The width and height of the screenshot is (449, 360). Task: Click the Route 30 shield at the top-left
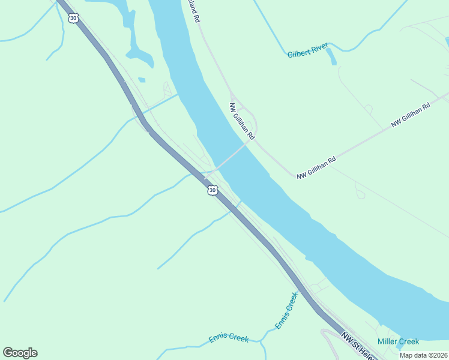coord(73,18)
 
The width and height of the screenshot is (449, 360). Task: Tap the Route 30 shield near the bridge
coord(212,190)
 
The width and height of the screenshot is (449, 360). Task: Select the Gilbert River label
coord(307,54)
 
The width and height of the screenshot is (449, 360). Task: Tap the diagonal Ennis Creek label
coord(286,310)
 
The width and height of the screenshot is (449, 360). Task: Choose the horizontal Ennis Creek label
coord(229,338)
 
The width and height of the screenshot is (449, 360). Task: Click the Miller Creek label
coord(398,341)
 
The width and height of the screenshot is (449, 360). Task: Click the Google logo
coord(20,353)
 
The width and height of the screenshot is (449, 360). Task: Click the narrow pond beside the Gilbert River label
coord(331,56)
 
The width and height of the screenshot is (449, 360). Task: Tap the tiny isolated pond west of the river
coord(142,79)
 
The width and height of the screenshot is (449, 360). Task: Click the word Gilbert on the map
coord(298,54)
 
